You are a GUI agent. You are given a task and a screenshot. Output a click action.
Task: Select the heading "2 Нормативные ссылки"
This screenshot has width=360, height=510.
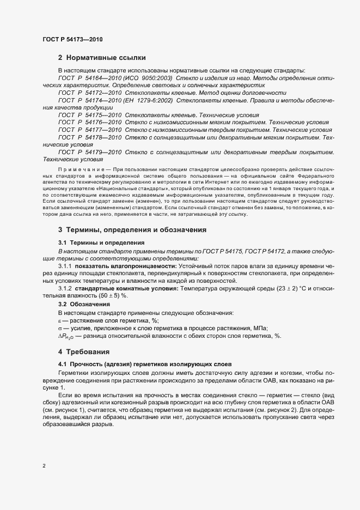click(101, 57)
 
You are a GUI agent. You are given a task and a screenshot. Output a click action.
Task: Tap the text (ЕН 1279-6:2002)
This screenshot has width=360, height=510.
click(148, 101)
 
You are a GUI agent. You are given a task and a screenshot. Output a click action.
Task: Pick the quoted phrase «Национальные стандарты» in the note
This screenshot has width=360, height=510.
click(122, 189)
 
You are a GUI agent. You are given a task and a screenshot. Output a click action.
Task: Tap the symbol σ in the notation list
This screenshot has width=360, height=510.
click(60, 328)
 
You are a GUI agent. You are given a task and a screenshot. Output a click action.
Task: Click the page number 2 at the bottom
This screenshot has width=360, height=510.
click(44, 466)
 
